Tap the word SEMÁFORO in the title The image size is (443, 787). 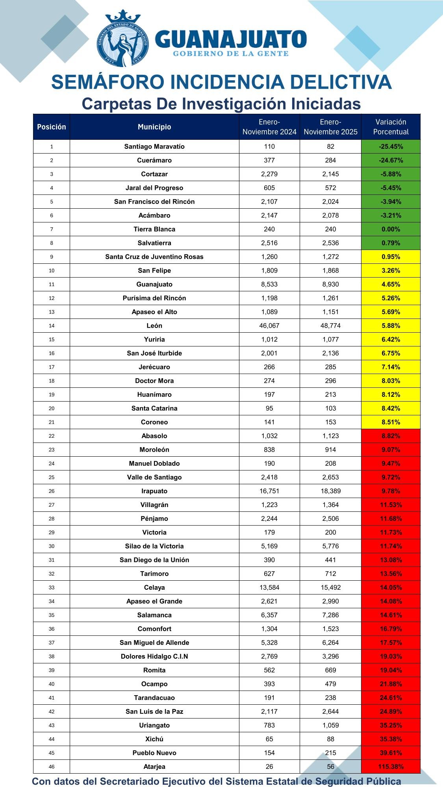coord(107,82)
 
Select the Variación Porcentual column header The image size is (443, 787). coord(391,127)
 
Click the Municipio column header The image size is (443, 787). coord(154,127)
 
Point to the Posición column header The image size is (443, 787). coord(52,127)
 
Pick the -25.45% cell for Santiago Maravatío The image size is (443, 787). coord(391,146)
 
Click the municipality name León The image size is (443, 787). coord(154,326)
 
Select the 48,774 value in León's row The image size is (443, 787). coord(330,326)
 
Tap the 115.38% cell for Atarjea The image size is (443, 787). coord(391,767)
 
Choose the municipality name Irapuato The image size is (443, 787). coord(154,491)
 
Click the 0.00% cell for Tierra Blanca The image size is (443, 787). coord(391,229)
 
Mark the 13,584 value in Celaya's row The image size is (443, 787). coord(269,587)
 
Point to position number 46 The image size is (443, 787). coord(52,767)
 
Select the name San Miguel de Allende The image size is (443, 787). coord(154,643)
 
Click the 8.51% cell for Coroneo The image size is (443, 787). coord(391,422)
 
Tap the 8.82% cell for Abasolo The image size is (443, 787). coord(391,436)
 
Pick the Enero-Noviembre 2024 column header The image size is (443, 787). coord(269,127)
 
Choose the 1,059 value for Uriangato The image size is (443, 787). coord(330,725)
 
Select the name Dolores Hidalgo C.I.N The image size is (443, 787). coord(154,656)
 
